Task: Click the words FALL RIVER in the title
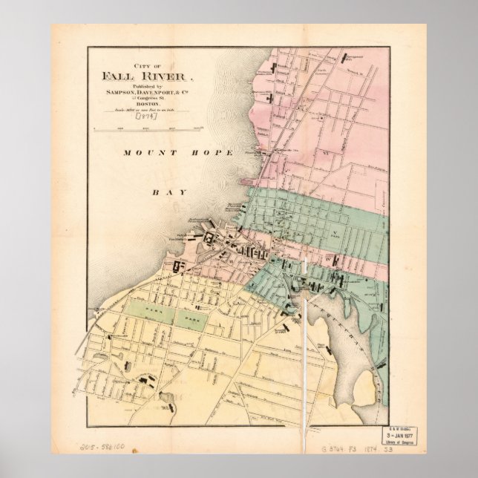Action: (148, 76)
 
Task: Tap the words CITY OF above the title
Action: (148, 65)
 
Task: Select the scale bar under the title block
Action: (148, 128)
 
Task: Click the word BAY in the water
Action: (162, 191)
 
